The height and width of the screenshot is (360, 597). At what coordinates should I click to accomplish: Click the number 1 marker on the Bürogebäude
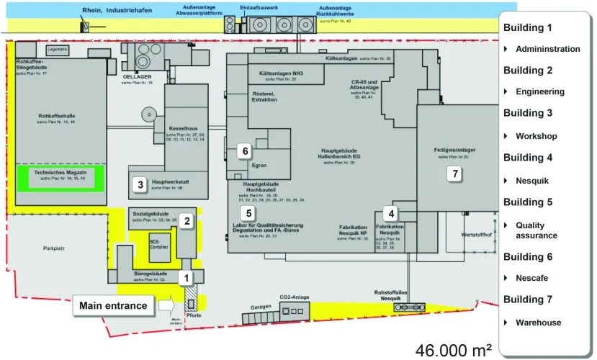187,276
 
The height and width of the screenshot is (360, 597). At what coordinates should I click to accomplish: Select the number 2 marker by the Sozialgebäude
187,221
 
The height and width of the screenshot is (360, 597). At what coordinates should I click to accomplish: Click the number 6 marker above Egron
246,150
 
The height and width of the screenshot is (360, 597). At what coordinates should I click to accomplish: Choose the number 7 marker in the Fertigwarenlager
453,174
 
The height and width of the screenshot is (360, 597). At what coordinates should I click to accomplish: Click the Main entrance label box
113,306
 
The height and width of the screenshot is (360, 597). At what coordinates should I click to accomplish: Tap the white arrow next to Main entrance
166,306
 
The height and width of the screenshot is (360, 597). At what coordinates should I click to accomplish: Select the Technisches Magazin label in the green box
60,174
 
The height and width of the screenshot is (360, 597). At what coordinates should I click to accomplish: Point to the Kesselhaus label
183,128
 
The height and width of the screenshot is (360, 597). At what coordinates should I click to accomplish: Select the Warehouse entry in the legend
538,323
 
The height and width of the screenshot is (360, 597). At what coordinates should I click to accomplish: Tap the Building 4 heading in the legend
528,157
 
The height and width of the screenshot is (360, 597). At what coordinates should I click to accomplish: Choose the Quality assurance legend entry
536,230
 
